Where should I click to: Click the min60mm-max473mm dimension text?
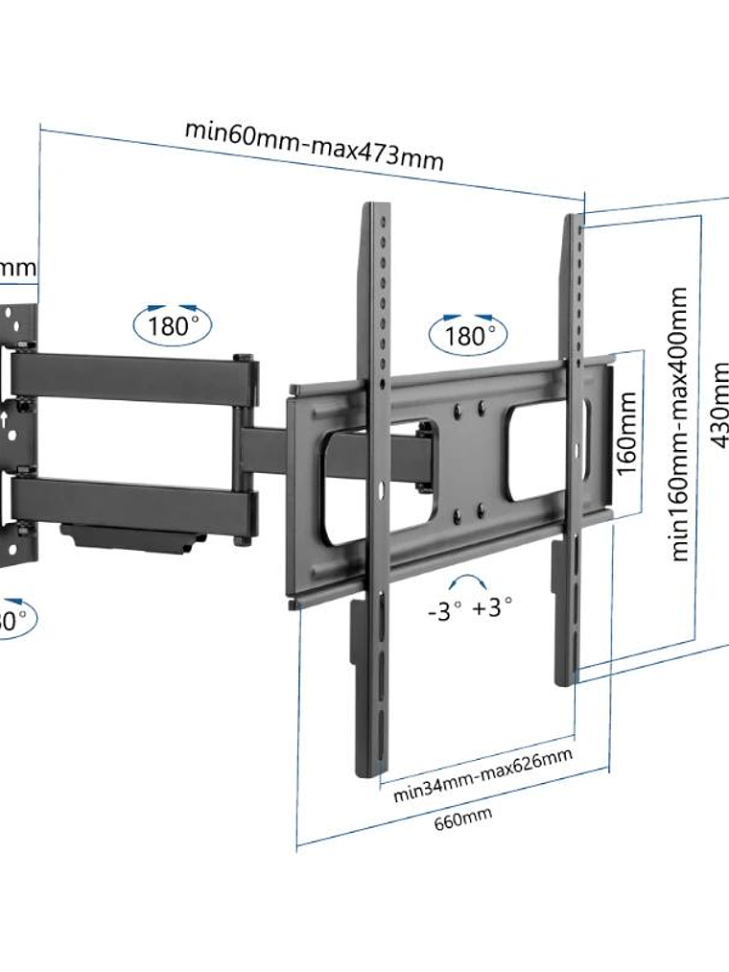pyautogui.click(x=315, y=144)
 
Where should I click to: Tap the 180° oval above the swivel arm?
pyautogui.click(x=173, y=324)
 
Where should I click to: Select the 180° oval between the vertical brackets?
pyautogui.click(x=467, y=335)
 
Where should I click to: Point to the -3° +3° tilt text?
pyautogui.click(x=469, y=608)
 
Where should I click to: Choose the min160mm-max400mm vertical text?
pyautogui.click(x=680, y=423)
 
